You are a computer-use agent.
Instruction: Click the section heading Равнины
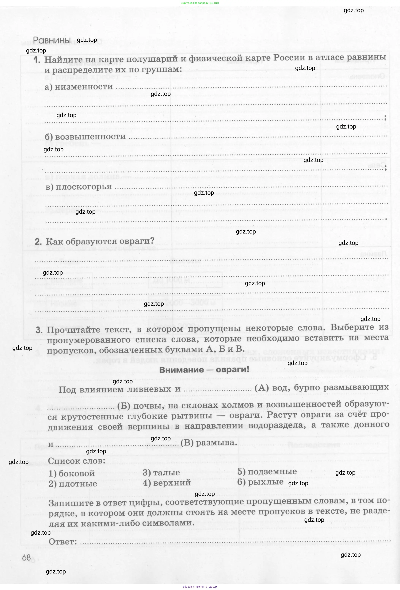click(x=52, y=40)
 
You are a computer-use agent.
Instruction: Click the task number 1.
click(x=37, y=60)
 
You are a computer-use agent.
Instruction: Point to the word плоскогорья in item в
click(x=83, y=187)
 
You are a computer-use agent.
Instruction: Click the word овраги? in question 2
click(x=137, y=240)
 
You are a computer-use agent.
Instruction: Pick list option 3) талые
click(x=161, y=472)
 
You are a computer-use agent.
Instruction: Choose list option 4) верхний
click(x=167, y=482)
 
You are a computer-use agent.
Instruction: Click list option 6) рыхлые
click(x=260, y=482)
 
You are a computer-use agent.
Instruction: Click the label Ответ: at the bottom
click(x=63, y=542)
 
